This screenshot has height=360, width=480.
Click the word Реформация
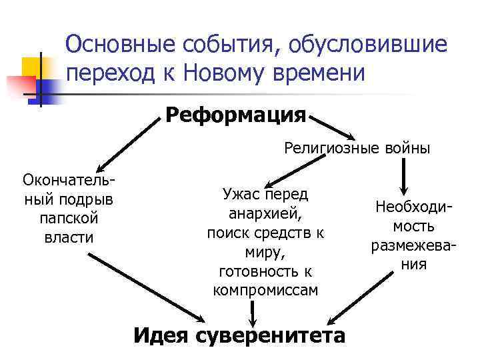tap(235, 115)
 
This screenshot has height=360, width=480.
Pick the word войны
tap(407, 148)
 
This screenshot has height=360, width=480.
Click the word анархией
tap(265, 214)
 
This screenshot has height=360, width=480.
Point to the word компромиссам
tap(265, 291)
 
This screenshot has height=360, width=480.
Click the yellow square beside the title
tap(33, 66)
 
